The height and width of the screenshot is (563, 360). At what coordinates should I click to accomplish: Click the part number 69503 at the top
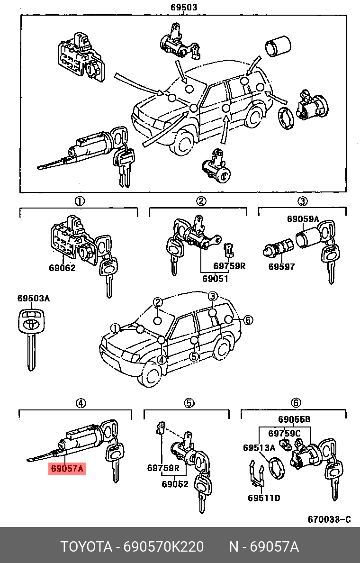(x=183, y=8)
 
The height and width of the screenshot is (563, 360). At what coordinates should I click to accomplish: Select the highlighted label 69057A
(x=67, y=469)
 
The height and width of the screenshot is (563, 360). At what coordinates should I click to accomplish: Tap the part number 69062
(x=62, y=268)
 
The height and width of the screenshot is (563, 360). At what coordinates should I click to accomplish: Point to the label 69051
(x=215, y=279)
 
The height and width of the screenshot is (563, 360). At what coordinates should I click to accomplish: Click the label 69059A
(x=303, y=219)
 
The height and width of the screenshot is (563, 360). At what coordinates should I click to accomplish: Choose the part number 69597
(x=281, y=266)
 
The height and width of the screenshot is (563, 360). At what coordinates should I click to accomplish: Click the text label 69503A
(x=33, y=299)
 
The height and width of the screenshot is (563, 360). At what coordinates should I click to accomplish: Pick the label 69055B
(x=294, y=419)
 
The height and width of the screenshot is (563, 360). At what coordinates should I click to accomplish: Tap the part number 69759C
(x=284, y=433)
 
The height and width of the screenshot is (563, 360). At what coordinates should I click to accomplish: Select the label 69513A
(x=259, y=448)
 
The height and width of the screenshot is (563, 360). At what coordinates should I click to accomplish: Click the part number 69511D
(x=264, y=498)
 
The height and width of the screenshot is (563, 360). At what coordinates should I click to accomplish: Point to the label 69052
(x=175, y=484)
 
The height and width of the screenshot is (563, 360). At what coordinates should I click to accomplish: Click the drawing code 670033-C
(x=329, y=519)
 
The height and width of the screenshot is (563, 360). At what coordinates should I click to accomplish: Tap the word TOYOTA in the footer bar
(x=86, y=547)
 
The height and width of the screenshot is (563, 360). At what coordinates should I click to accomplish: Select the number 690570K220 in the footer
(x=163, y=547)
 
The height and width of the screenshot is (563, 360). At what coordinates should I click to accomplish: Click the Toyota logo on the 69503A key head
(x=30, y=326)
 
